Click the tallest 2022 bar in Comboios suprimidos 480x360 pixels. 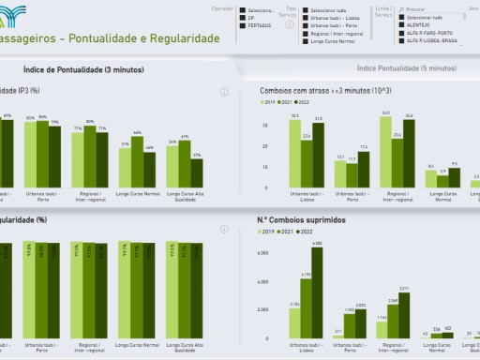pyautogui.click(x=319, y=291)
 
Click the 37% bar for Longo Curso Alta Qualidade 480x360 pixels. pyautogui.click(x=196, y=173)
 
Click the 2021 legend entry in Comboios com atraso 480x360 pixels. pyautogui.click(x=286, y=100)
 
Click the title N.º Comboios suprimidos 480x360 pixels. pyautogui.click(x=300, y=220)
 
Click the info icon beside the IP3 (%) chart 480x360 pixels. pyautogui.click(x=224, y=92)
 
